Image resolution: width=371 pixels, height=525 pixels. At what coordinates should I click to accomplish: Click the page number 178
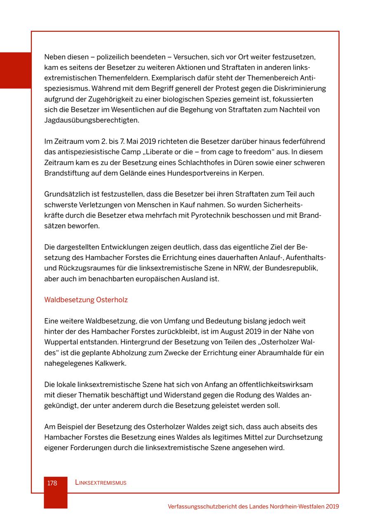click(x=52, y=483)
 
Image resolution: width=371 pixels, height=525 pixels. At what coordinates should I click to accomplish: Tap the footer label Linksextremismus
click(x=101, y=483)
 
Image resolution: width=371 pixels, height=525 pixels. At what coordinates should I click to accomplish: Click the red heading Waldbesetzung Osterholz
click(x=86, y=300)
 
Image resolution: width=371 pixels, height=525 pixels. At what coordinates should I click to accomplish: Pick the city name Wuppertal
click(x=63, y=342)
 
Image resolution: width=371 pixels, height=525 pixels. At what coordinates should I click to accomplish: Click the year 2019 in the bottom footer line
click(x=332, y=506)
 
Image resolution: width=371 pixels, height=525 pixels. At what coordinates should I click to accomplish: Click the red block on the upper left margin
click(x=15, y=70)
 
